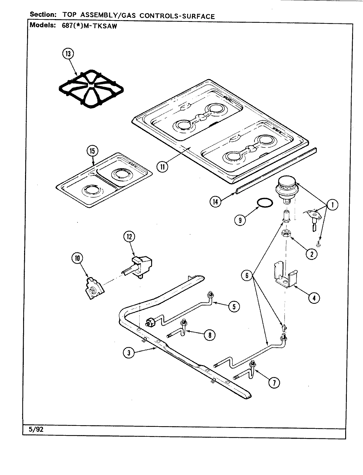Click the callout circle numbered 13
tap(68, 54)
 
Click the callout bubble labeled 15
tap(92, 151)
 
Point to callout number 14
tap(215, 202)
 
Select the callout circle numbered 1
tap(332, 205)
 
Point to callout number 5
tap(234, 306)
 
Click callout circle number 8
tap(209, 335)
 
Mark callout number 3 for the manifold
tap(129, 353)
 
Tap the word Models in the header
tap(42, 25)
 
